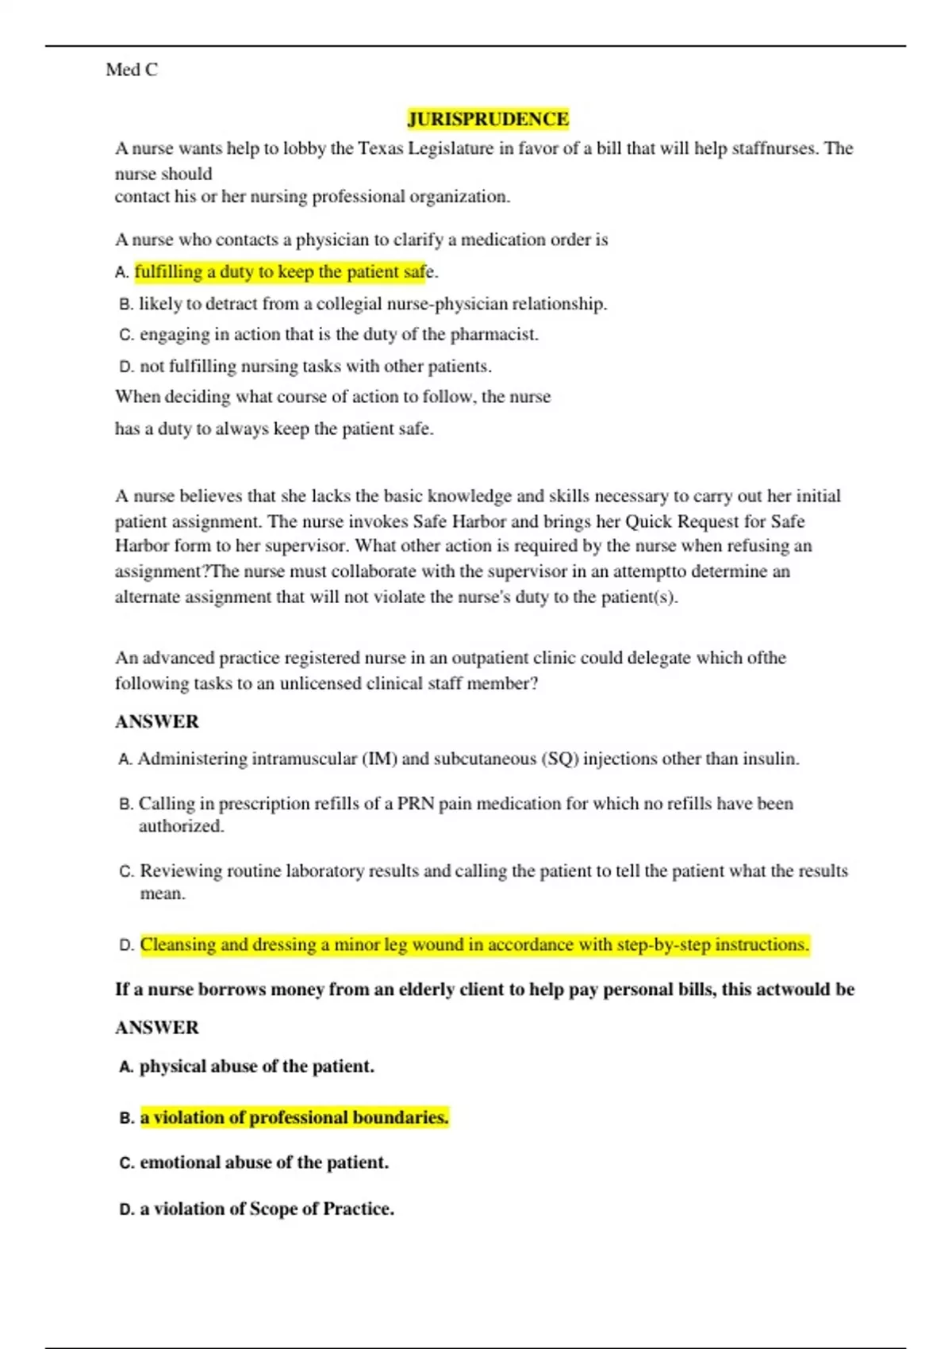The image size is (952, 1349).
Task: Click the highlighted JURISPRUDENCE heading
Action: (488, 119)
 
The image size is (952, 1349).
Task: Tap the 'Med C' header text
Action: (132, 70)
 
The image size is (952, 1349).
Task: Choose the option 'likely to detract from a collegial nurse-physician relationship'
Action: (372, 304)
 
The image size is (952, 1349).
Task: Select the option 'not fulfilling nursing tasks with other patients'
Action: (315, 367)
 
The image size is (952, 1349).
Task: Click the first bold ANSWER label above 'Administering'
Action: (157, 721)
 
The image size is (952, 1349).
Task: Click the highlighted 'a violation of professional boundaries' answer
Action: (294, 1118)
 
